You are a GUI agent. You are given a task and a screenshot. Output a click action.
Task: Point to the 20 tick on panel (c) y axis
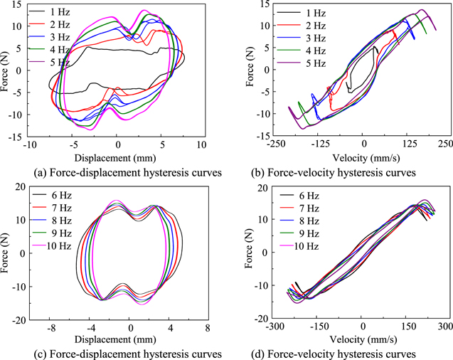point(21,186)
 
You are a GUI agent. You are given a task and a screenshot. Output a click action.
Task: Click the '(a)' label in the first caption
point(28,171)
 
